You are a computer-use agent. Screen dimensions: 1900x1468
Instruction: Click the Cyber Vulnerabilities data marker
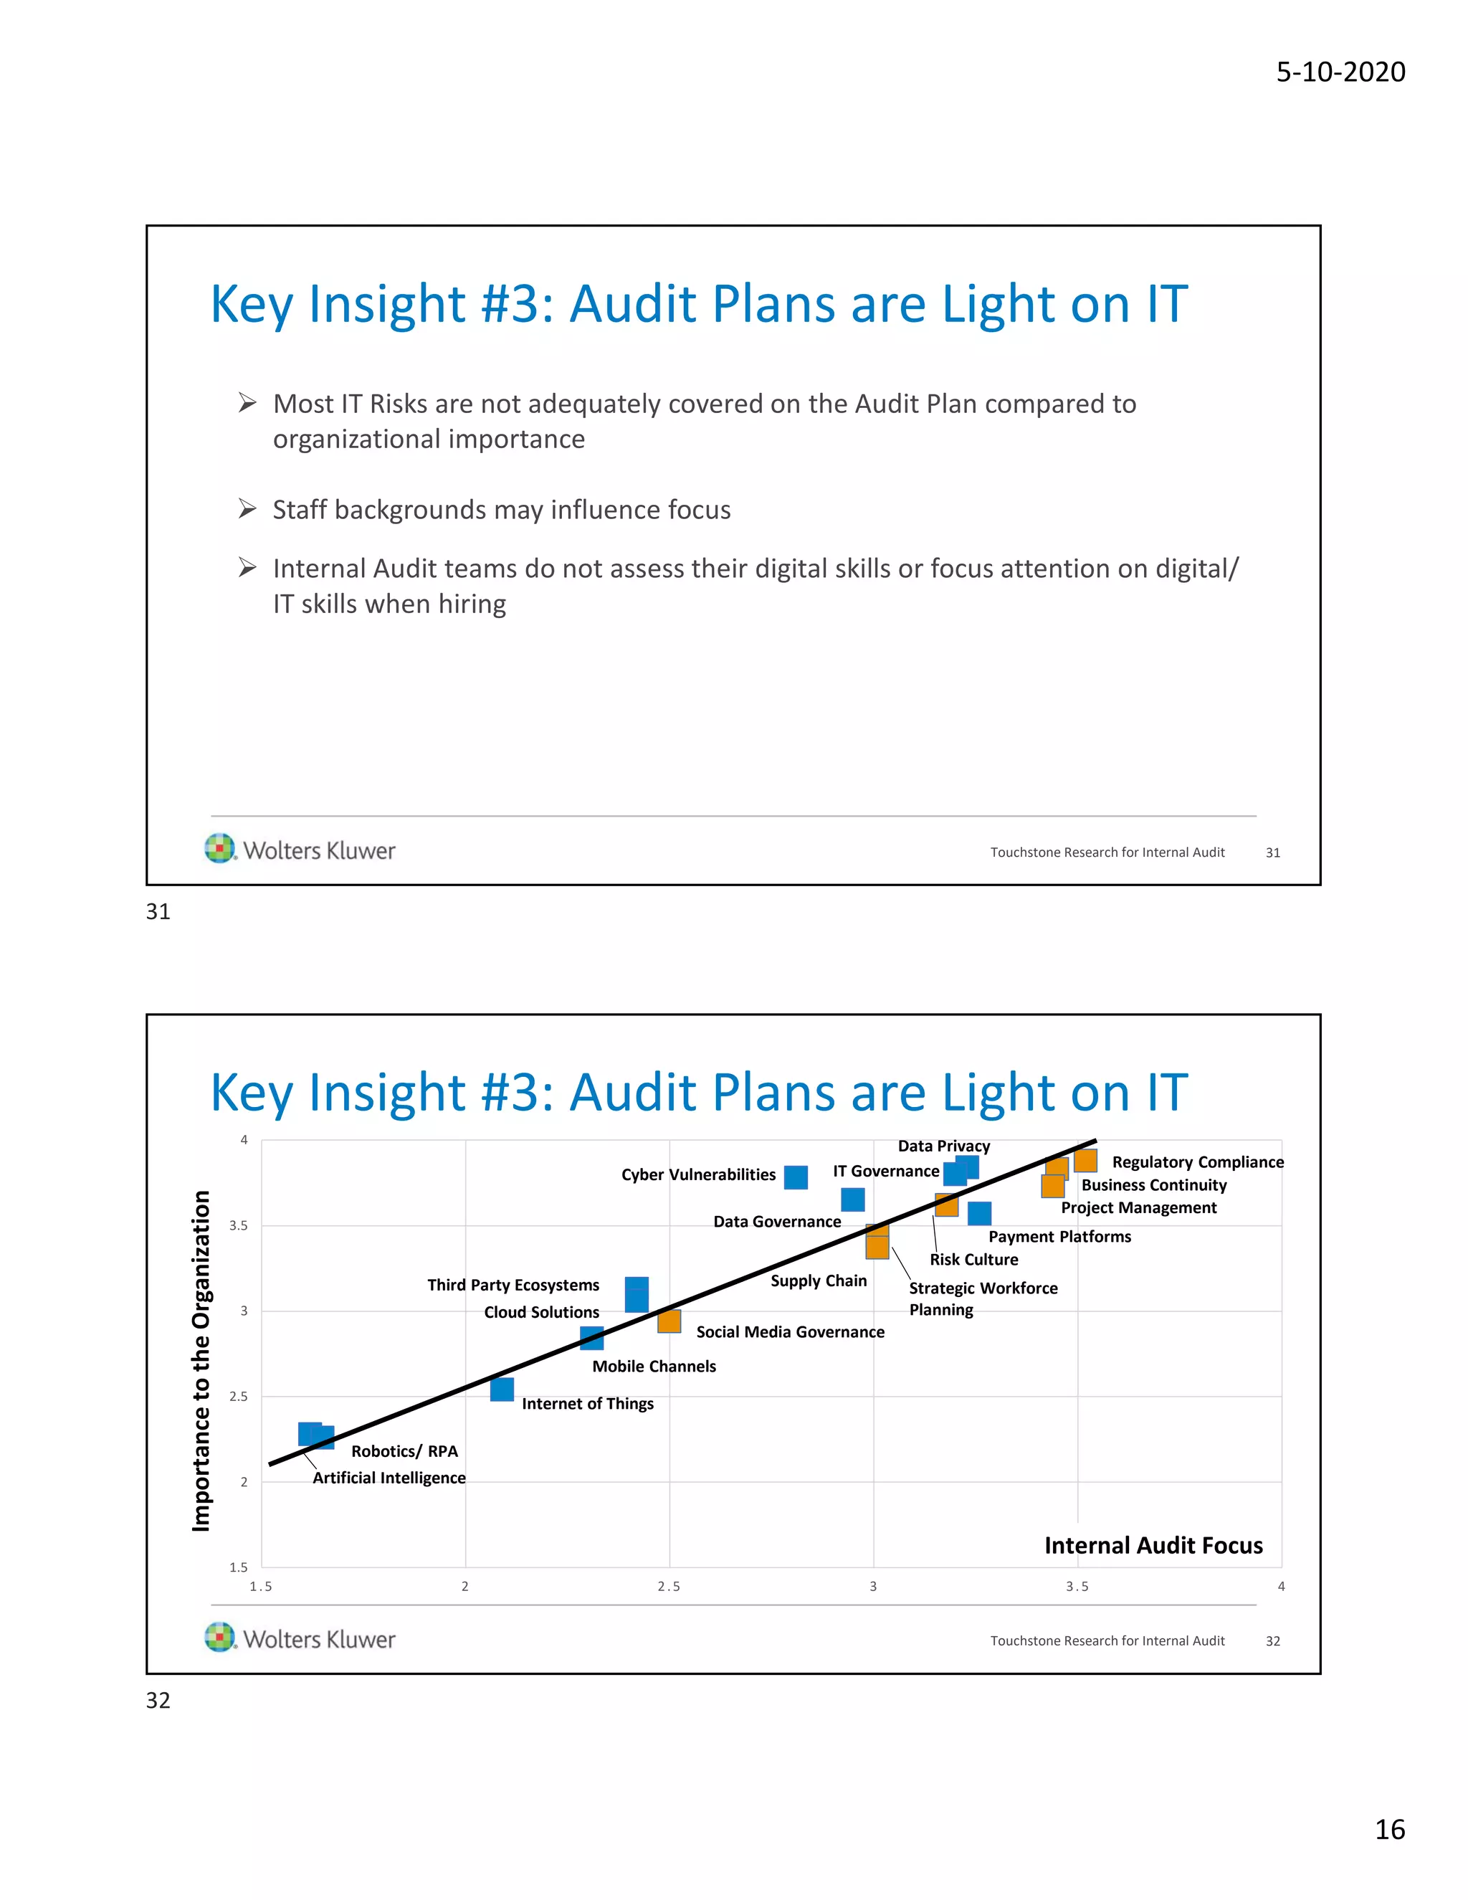pos(795,1177)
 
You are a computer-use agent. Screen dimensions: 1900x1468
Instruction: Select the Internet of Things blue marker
pos(502,1389)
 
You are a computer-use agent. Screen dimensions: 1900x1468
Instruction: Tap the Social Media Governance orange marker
pos(669,1321)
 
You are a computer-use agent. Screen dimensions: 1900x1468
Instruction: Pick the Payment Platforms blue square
pos(979,1212)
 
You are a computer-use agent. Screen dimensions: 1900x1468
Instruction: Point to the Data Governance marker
pos(852,1200)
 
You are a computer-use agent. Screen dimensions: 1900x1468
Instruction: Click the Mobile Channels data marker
pos(591,1338)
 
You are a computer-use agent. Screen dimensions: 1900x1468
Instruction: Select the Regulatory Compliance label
pos(1198,1162)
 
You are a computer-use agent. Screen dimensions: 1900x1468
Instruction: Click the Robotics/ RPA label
pos(404,1451)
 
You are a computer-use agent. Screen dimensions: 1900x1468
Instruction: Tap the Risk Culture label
pos(973,1259)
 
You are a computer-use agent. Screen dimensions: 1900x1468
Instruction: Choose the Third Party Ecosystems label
pos(513,1285)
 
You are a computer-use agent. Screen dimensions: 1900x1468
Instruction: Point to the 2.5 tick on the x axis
pos(669,1587)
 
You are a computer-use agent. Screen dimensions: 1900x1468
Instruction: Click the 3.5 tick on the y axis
pos(238,1226)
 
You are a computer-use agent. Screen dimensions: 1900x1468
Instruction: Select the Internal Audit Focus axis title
pos(1153,1545)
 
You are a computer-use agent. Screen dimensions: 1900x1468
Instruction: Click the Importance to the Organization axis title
pos(201,1361)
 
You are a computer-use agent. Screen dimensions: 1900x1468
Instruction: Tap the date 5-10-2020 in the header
pos(1340,71)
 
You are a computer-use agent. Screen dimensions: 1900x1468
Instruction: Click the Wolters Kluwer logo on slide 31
pos(300,850)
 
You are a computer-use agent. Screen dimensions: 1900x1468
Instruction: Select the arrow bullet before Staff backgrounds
pos(247,509)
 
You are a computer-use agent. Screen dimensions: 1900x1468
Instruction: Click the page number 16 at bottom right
pos(1390,1830)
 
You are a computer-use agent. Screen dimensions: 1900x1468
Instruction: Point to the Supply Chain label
pos(819,1281)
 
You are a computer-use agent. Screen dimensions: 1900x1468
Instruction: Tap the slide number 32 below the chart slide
pos(158,1700)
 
